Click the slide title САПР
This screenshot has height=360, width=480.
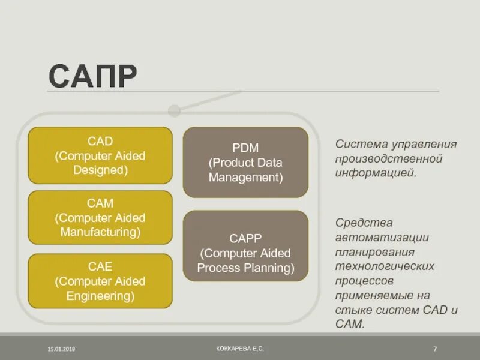pyautogui.click(x=93, y=76)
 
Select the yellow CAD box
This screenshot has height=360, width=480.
pyautogui.click(x=100, y=155)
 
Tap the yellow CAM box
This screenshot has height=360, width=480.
pyautogui.click(x=100, y=217)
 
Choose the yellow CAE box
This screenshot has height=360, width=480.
pyautogui.click(x=100, y=280)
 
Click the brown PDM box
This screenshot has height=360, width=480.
pyautogui.click(x=245, y=162)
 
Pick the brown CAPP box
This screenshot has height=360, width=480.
pyautogui.click(x=245, y=246)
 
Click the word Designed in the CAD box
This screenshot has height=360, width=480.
pyautogui.click(x=100, y=170)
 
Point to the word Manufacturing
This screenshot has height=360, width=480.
pyautogui.click(x=100, y=232)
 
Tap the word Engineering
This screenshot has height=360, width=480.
pyautogui.click(x=100, y=295)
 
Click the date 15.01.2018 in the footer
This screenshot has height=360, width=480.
pyautogui.click(x=62, y=349)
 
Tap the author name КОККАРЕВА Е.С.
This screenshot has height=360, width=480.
pyautogui.click(x=240, y=348)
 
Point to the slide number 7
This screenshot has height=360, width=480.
pyautogui.click(x=434, y=349)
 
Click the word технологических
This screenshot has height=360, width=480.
pyautogui.click(x=385, y=266)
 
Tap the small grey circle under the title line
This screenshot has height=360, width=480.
pyautogui.click(x=174, y=111)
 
